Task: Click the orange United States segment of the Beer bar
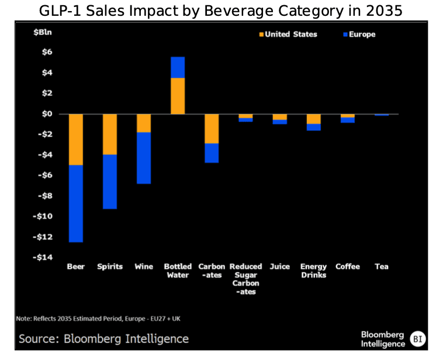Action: (76, 140)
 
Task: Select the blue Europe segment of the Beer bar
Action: (76, 203)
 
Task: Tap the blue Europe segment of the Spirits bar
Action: (110, 182)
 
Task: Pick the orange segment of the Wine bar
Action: (144, 123)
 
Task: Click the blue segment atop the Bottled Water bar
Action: (178, 67)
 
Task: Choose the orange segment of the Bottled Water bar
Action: (178, 96)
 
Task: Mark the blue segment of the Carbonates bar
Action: (212, 153)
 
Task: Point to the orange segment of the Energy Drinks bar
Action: (313, 119)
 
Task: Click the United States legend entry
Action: (288, 34)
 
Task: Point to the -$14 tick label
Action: (44, 258)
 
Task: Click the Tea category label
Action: (381, 266)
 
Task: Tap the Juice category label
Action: (279, 266)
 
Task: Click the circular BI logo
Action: (417, 338)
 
